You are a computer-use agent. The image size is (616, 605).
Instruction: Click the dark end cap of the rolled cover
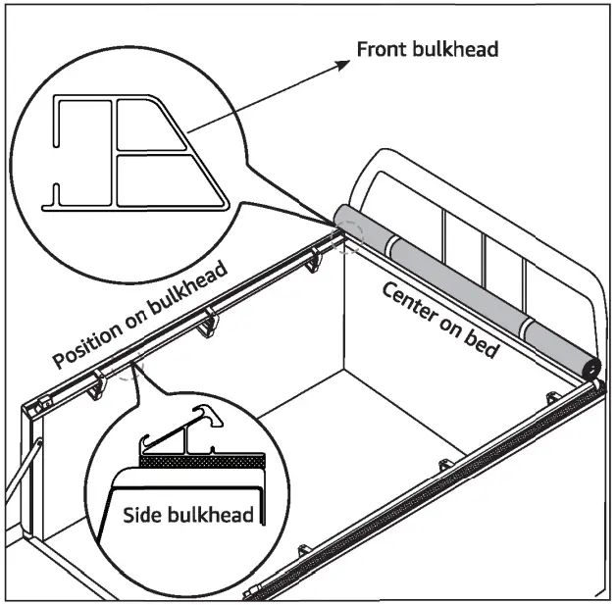click(590, 367)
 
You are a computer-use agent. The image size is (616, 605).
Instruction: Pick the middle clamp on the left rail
click(209, 322)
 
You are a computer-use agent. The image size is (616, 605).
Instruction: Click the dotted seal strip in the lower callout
click(201, 458)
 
